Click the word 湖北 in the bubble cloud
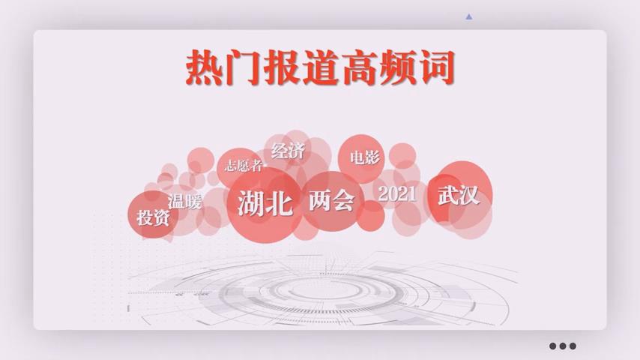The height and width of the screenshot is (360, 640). click(x=265, y=202)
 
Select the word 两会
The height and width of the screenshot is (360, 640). click(x=331, y=200)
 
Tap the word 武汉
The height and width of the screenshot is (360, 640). click(x=458, y=195)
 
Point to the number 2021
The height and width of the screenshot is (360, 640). click(x=397, y=193)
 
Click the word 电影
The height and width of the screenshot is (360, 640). click(x=364, y=157)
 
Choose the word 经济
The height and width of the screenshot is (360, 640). click(x=288, y=151)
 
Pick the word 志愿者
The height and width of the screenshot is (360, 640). click(x=244, y=166)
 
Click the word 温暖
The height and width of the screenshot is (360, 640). click(x=184, y=202)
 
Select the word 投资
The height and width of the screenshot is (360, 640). click(x=153, y=217)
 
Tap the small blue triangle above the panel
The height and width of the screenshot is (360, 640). click(x=469, y=16)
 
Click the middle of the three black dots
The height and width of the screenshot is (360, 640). click(x=563, y=346)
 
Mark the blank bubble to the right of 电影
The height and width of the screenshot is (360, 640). click(x=402, y=156)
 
